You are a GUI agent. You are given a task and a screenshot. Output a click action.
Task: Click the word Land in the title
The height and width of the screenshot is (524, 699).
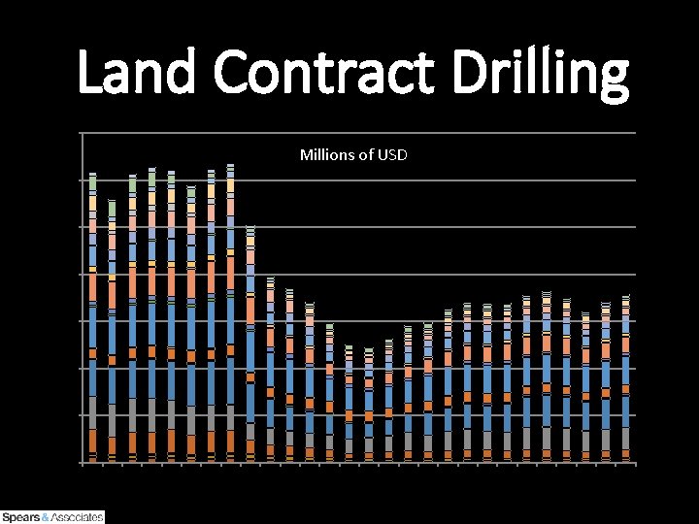tap(138, 75)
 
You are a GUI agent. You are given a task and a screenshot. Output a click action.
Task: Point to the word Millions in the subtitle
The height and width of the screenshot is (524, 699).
tap(325, 155)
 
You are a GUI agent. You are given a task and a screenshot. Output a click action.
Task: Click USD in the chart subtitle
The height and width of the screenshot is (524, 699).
tap(391, 155)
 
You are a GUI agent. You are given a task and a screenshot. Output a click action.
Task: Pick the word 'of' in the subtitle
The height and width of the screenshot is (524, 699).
tap(363, 155)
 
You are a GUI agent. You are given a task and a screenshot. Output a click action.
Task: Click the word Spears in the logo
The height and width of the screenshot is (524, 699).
tap(20, 517)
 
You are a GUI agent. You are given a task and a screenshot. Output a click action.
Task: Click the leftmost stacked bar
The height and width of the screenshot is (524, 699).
tap(92, 320)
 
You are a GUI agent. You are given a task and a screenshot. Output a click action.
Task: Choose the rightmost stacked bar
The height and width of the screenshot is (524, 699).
tap(626, 378)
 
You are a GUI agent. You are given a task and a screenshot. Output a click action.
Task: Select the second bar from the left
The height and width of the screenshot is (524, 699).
tap(112, 330)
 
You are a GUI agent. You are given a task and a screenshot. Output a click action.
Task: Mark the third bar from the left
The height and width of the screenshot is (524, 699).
tap(132, 320)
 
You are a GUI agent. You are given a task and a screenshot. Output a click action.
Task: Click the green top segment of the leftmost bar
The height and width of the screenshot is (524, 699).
tap(92, 182)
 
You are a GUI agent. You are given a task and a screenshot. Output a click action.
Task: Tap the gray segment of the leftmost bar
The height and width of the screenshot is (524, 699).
tap(92, 412)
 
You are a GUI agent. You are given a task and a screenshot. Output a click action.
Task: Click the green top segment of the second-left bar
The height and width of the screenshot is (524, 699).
tap(112, 209)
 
